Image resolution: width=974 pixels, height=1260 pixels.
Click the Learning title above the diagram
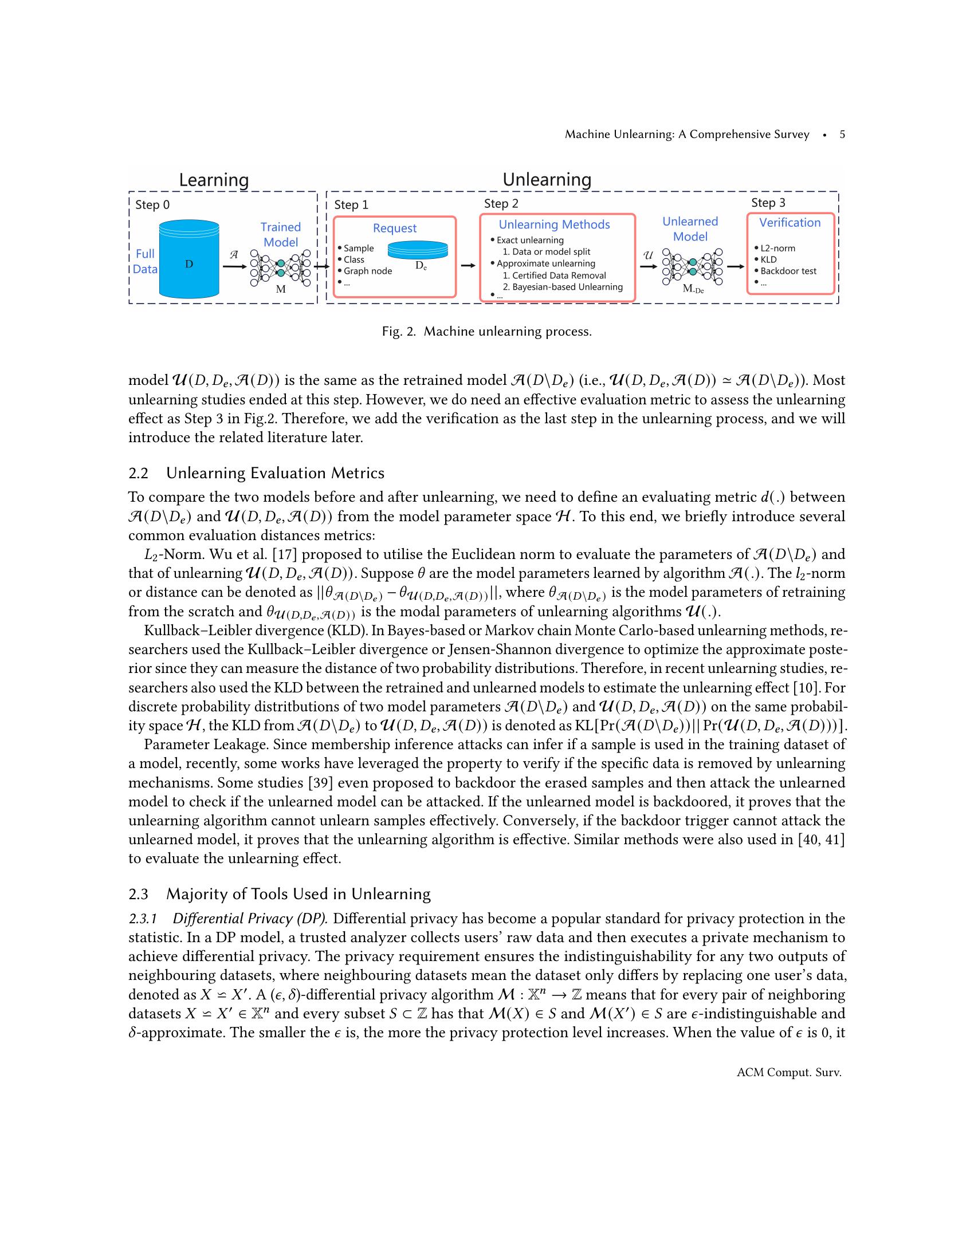point(214,180)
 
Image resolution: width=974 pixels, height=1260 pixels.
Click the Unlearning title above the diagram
point(547,179)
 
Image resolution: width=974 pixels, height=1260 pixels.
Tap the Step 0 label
point(152,205)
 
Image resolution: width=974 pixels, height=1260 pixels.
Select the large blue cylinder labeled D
point(188,259)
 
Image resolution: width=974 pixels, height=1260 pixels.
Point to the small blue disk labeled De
point(418,250)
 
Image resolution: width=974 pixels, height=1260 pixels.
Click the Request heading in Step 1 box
point(395,228)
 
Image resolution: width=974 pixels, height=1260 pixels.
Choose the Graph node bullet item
point(368,271)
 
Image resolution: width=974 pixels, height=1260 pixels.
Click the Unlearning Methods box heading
point(554,225)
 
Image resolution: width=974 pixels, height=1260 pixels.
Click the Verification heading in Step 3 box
point(790,223)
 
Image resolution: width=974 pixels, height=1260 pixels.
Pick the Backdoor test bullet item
point(788,271)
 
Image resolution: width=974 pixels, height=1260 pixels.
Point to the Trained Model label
point(280,234)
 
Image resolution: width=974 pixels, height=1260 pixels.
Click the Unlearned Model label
point(690,229)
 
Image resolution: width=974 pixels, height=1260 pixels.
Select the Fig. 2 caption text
point(486,332)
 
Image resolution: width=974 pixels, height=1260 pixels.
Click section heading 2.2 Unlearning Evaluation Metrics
point(256,473)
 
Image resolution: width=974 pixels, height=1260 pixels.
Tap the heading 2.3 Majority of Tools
point(279,894)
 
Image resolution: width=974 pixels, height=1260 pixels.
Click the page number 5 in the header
point(842,135)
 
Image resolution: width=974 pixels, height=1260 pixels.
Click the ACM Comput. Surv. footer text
point(789,1073)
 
